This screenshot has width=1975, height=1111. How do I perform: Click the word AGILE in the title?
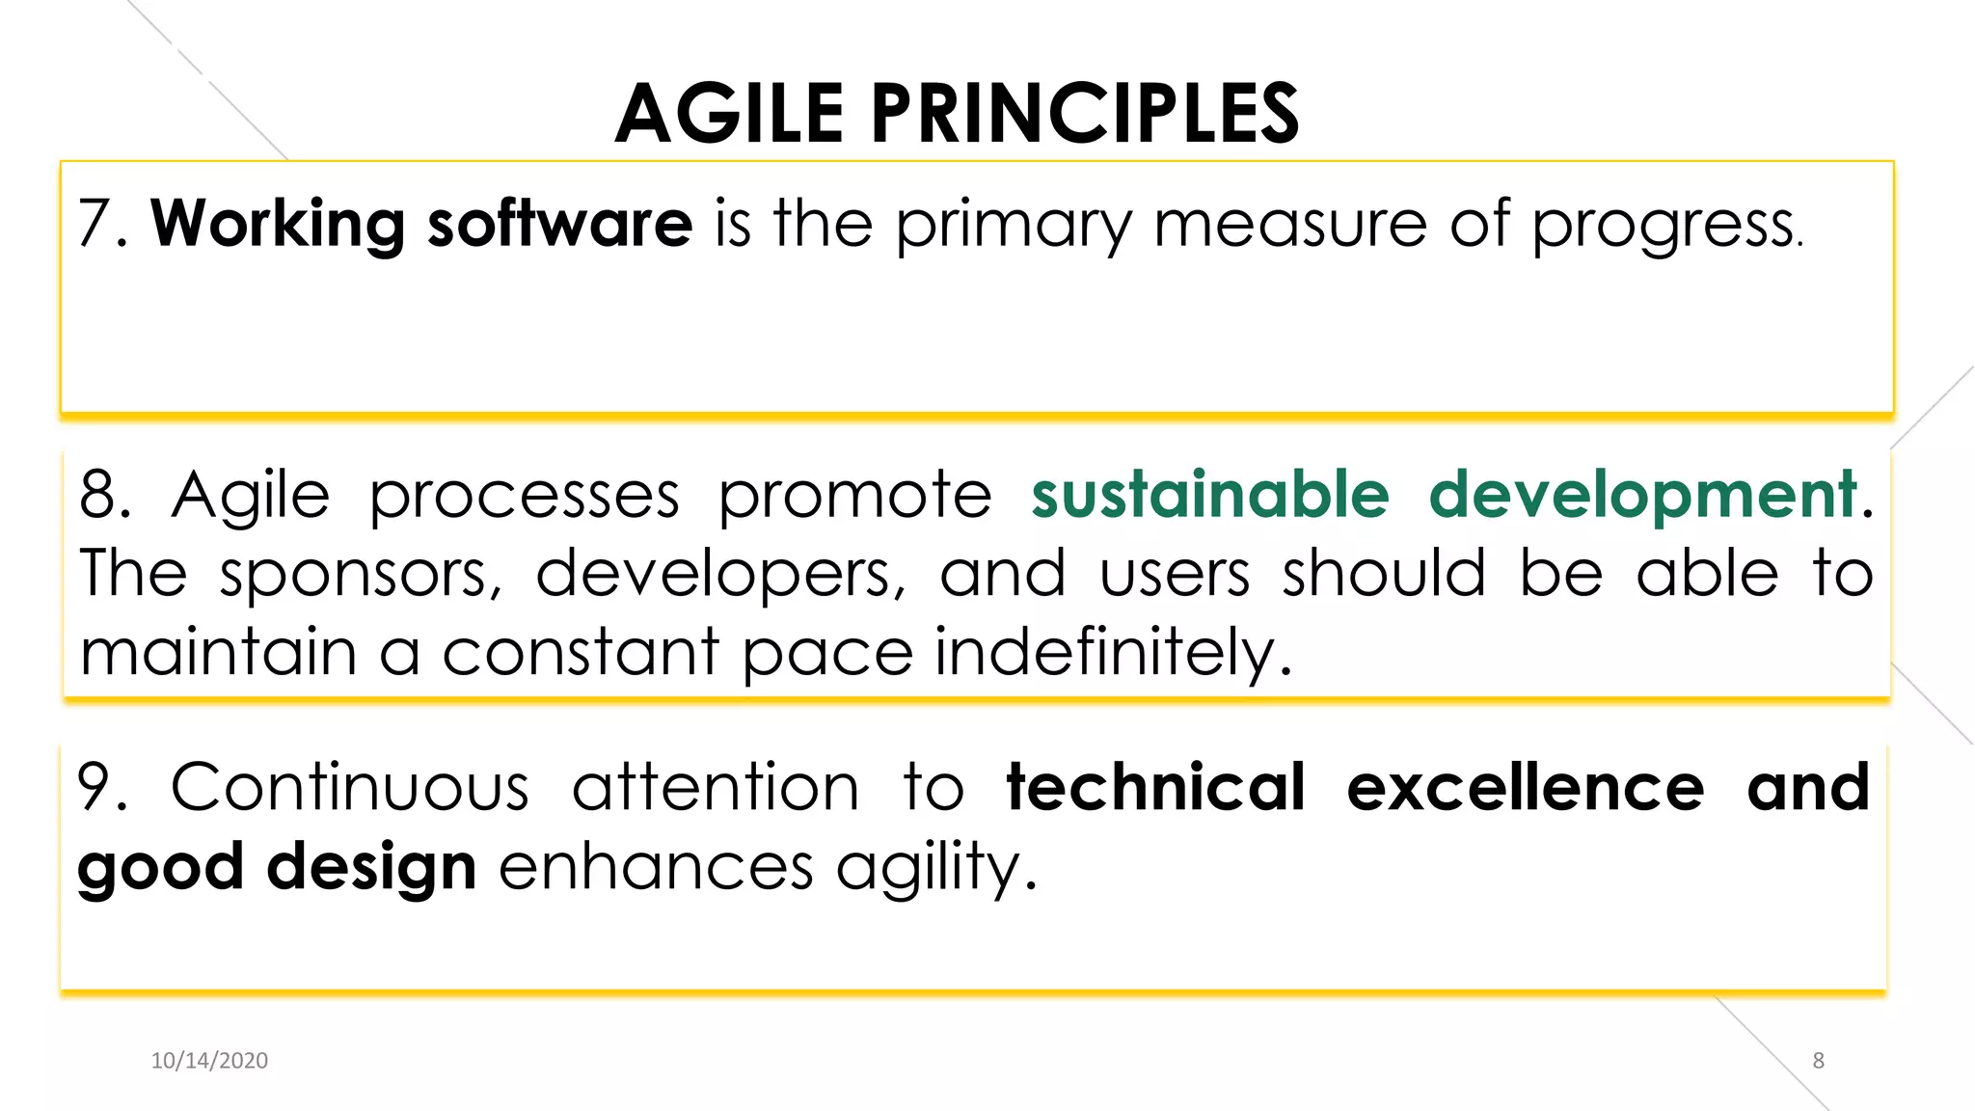coord(729,114)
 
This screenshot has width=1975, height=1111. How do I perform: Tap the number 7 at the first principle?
coord(95,224)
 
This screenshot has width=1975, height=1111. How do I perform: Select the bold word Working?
coord(278,224)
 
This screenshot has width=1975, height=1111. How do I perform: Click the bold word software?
coord(559,224)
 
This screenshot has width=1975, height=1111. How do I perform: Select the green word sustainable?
coord(1209,495)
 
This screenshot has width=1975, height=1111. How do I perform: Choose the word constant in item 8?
coord(581,653)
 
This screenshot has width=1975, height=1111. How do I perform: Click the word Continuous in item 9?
coord(349,788)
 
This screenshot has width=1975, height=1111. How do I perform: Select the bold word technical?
coord(1155,788)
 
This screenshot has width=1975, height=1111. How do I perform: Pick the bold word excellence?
coord(1525,788)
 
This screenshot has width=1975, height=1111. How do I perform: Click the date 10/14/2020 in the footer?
coord(209,1061)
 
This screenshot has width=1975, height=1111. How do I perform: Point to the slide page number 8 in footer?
coord(1818,1061)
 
